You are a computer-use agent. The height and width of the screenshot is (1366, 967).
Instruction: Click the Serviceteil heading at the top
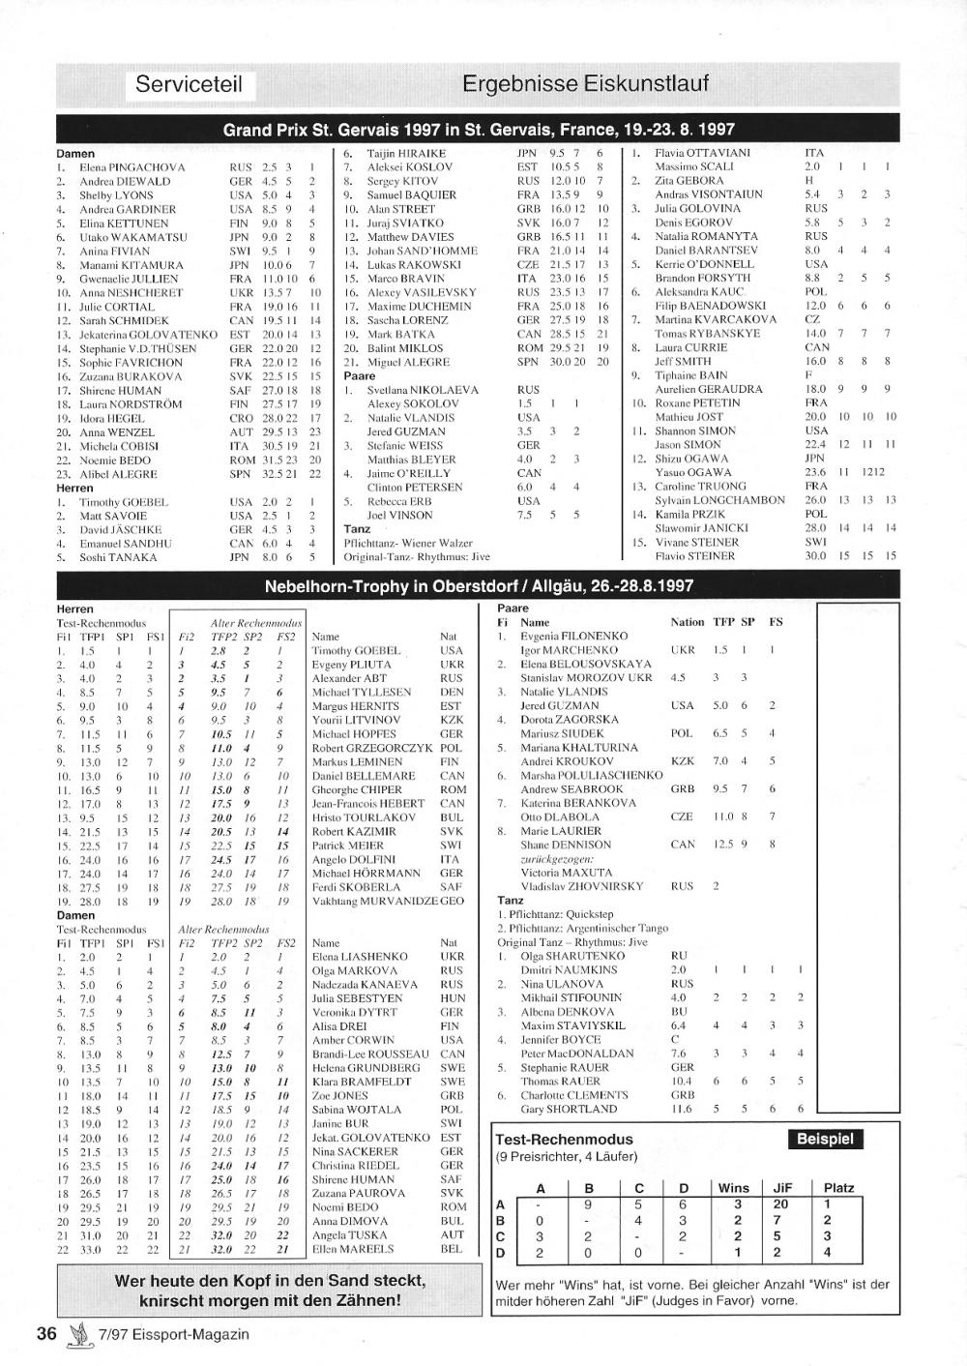pos(189,84)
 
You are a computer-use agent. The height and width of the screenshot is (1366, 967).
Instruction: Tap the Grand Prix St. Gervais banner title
pos(479,129)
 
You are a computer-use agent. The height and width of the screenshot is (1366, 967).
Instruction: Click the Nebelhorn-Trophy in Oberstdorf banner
pos(479,586)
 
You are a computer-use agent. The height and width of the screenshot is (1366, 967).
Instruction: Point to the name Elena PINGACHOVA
pos(132,167)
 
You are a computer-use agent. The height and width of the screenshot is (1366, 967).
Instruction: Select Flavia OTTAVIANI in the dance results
pos(702,153)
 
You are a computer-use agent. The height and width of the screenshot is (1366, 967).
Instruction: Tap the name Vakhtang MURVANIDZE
pos(374,901)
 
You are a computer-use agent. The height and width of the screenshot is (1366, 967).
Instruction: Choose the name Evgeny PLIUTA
pos(351,665)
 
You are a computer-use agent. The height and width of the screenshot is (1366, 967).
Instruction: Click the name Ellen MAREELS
pos(354,1248)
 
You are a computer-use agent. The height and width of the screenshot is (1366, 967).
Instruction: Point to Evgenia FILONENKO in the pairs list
pos(573,637)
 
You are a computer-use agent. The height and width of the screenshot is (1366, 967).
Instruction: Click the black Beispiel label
pos(827,1139)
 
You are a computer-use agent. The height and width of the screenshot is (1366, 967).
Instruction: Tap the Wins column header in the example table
pos(734,1188)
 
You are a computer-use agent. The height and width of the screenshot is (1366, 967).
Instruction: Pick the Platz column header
pos(839,1188)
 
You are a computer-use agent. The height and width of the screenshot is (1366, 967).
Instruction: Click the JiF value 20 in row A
pos(780,1204)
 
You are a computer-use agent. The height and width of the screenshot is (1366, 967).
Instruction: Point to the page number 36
pos(46,1334)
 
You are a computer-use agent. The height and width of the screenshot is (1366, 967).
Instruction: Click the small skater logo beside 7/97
pos(77,1334)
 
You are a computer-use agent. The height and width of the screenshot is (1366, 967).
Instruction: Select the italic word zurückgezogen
pos(556,858)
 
